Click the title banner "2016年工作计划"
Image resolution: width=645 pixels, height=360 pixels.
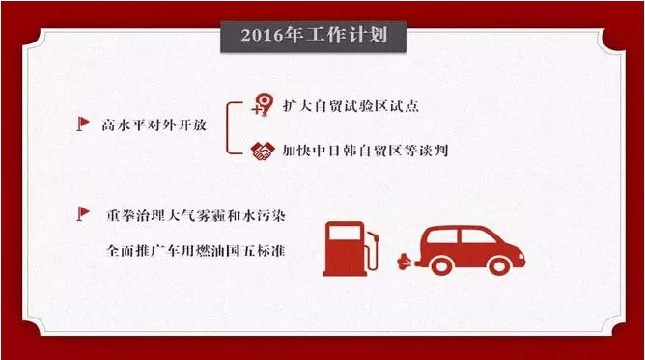(x=314, y=37)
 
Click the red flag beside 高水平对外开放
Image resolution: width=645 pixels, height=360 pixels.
(x=83, y=124)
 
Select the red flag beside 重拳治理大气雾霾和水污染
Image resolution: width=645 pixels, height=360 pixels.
(x=83, y=213)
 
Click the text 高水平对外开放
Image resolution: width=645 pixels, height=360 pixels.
(x=154, y=125)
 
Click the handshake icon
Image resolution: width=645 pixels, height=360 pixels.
(x=263, y=151)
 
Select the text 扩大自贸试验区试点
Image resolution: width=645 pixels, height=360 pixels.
(x=351, y=105)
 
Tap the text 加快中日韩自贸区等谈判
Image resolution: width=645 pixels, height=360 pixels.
(x=365, y=151)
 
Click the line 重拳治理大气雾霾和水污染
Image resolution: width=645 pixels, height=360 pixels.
(x=195, y=215)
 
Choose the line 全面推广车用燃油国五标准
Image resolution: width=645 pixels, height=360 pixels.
(x=195, y=250)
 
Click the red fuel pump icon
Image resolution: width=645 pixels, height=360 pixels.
(x=351, y=249)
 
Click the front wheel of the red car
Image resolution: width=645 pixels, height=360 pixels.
(x=499, y=266)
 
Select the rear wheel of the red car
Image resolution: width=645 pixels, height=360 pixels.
(x=442, y=266)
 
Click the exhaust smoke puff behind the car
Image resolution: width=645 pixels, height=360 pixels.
(x=406, y=262)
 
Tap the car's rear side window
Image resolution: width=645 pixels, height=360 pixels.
(x=442, y=236)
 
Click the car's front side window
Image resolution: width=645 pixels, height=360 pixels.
(x=477, y=236)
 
